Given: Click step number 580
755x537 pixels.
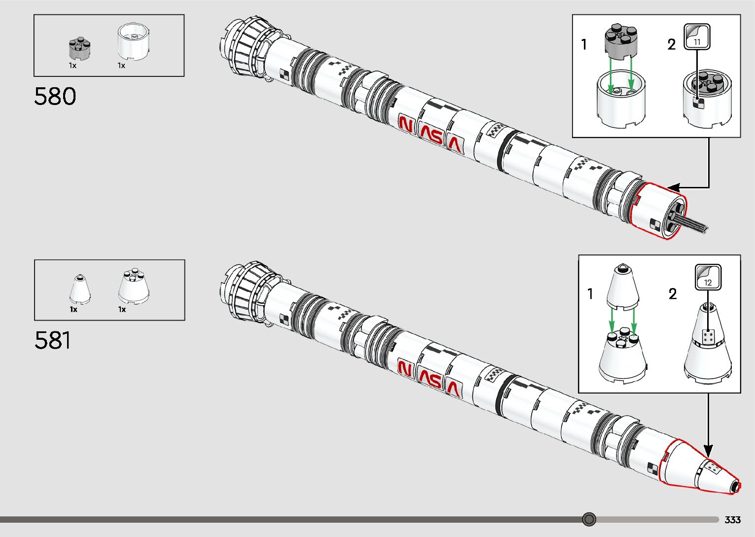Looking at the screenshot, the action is (x=55, y=96).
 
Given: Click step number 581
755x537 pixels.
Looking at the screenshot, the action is (x=53, y=340).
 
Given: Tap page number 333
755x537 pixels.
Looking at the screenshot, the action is (x=732, y=520).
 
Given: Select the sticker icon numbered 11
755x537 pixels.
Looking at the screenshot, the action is (x=697, y=37).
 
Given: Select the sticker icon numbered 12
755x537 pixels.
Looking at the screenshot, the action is (x=708, y=278).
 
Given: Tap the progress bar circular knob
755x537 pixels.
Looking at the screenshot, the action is (x=589, y=519).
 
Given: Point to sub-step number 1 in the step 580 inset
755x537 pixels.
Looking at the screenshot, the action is (x=584, y=45).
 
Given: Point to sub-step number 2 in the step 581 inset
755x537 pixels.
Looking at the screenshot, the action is (x=673, y=294).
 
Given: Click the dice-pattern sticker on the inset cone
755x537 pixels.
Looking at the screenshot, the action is (x=708, y=337).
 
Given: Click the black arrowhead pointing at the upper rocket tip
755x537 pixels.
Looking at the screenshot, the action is (x=673, y=188).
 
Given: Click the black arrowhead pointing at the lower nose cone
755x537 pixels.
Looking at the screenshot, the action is (x=708, y=451).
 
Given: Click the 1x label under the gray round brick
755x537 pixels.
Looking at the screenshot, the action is (x=72, y=66).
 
